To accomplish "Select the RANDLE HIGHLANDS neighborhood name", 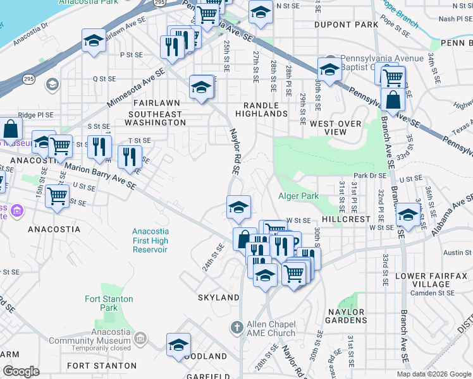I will point(261,109).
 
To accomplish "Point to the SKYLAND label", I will point(219,297).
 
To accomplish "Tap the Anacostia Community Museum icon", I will point(140,340).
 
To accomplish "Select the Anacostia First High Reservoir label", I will point(150,241).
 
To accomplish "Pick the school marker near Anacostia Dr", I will point(94,41).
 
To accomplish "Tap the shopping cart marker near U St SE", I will point(58,196).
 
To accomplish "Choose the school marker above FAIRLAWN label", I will point(201,87).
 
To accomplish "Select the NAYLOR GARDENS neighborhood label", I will point(346,316).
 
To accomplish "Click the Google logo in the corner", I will point(21,371).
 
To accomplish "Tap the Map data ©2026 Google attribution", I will point(433,374).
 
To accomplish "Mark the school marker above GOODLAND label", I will point(179,345).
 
